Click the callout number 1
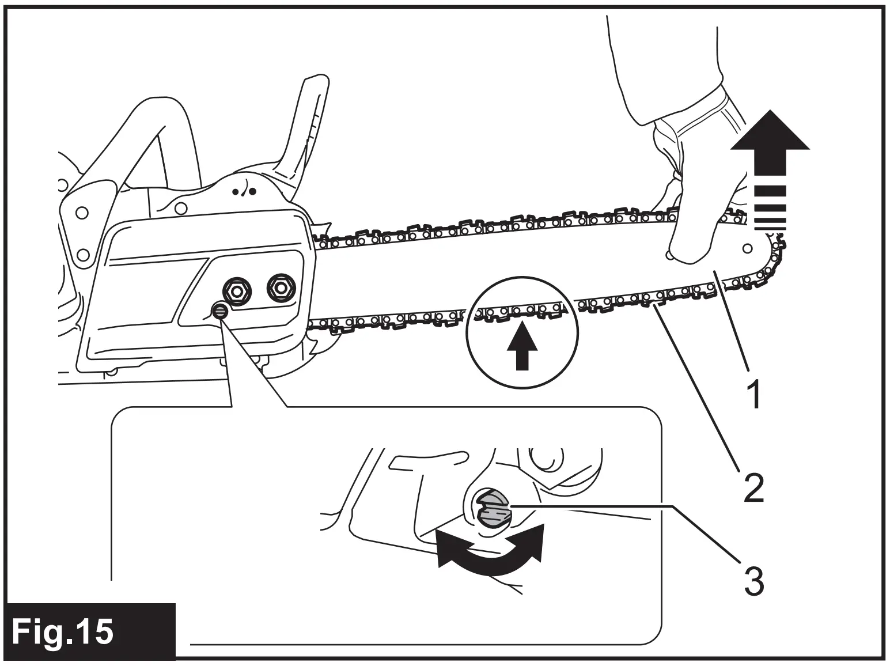click(x=753, y=393)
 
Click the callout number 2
click(x=753, y=487)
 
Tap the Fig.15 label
click(x=63, y=631)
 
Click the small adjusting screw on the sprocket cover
click(x=219, y=312)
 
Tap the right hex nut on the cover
click(x=281, y=286)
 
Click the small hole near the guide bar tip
click(x=747, y=248)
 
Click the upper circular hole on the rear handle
click(x=82, y=213)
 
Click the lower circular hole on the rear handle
click(x=82, y=254)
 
